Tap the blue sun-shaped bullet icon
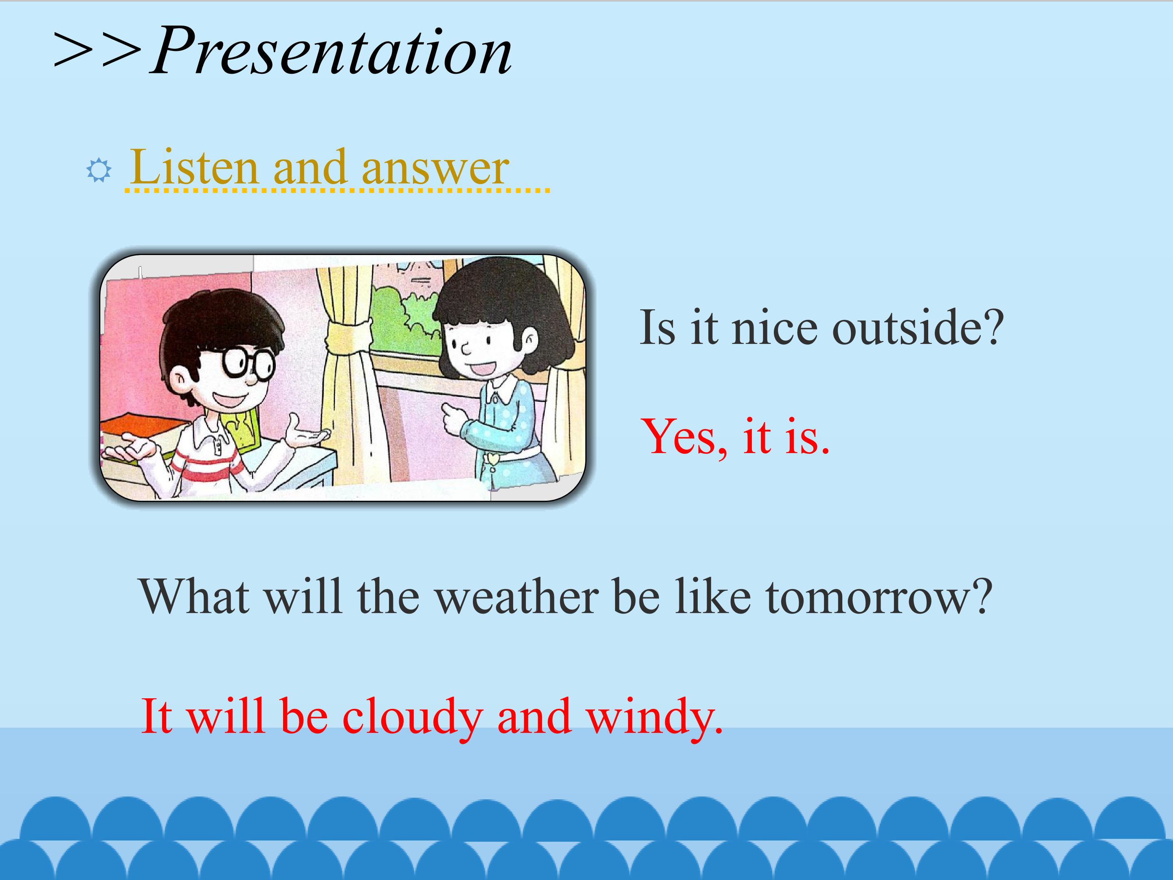pos(99,171)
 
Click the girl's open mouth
pos(483,367)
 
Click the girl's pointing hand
pos(455,418)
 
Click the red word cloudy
pos(413,717)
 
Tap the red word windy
pos(655,717)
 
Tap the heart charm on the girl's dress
pos(493,458)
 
